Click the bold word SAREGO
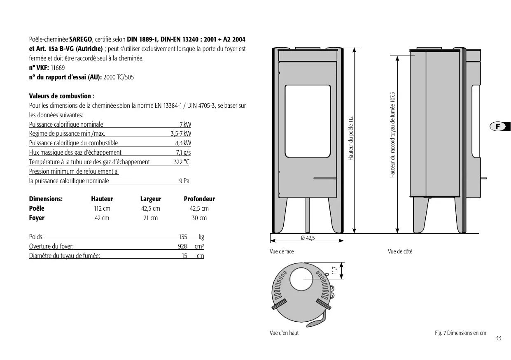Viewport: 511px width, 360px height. coord(81,39)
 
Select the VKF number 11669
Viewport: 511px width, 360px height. coord(58,68)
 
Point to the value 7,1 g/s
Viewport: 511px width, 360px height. coord(183,153)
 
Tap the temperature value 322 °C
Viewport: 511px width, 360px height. coord(182,162)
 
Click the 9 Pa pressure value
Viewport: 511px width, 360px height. coord(184,181)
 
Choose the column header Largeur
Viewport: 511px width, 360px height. coord(151,199)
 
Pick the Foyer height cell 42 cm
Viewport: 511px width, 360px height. coord(102,218)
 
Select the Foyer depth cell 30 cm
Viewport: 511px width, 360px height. coord(199,218)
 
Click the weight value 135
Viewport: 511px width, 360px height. coord(183,237)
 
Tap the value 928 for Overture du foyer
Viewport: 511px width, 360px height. coord(182,246)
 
